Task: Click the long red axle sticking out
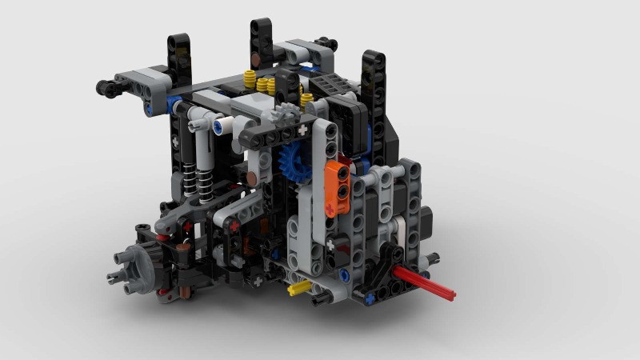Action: pos(424,284)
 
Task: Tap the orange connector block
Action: pos(339,186)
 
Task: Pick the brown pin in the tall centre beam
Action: pos(255,58)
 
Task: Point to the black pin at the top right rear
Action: pos(323,44)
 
